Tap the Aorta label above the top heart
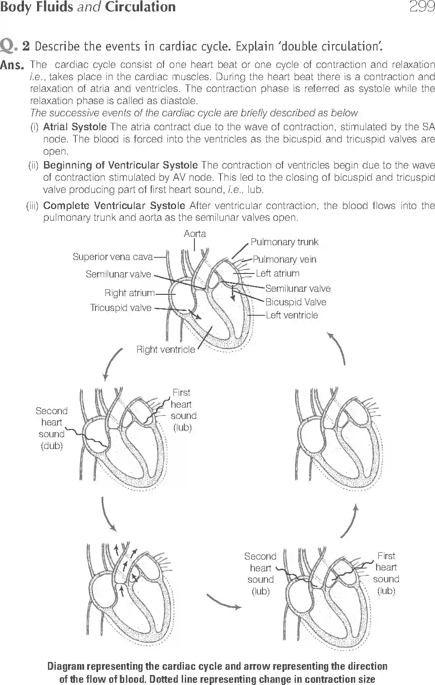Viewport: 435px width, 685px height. pos(195,234)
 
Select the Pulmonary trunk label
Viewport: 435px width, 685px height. pos(284,242)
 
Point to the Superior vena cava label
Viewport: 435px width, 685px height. pos(112,257)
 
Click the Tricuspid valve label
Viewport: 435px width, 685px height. pos(121,308)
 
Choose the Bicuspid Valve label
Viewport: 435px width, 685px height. pos(296,302)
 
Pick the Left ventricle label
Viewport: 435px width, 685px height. pos(292,315)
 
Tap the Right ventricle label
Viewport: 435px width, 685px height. pos(166,350)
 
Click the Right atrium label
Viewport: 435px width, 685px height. pos(130,293)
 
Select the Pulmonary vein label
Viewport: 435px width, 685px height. pos(284,260)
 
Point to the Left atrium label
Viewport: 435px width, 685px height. pos(277,273)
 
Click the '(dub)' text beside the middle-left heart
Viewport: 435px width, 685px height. pos(51,446)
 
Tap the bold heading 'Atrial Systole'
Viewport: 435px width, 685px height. pos(75,127)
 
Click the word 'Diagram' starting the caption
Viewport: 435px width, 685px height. pos(66,666)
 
